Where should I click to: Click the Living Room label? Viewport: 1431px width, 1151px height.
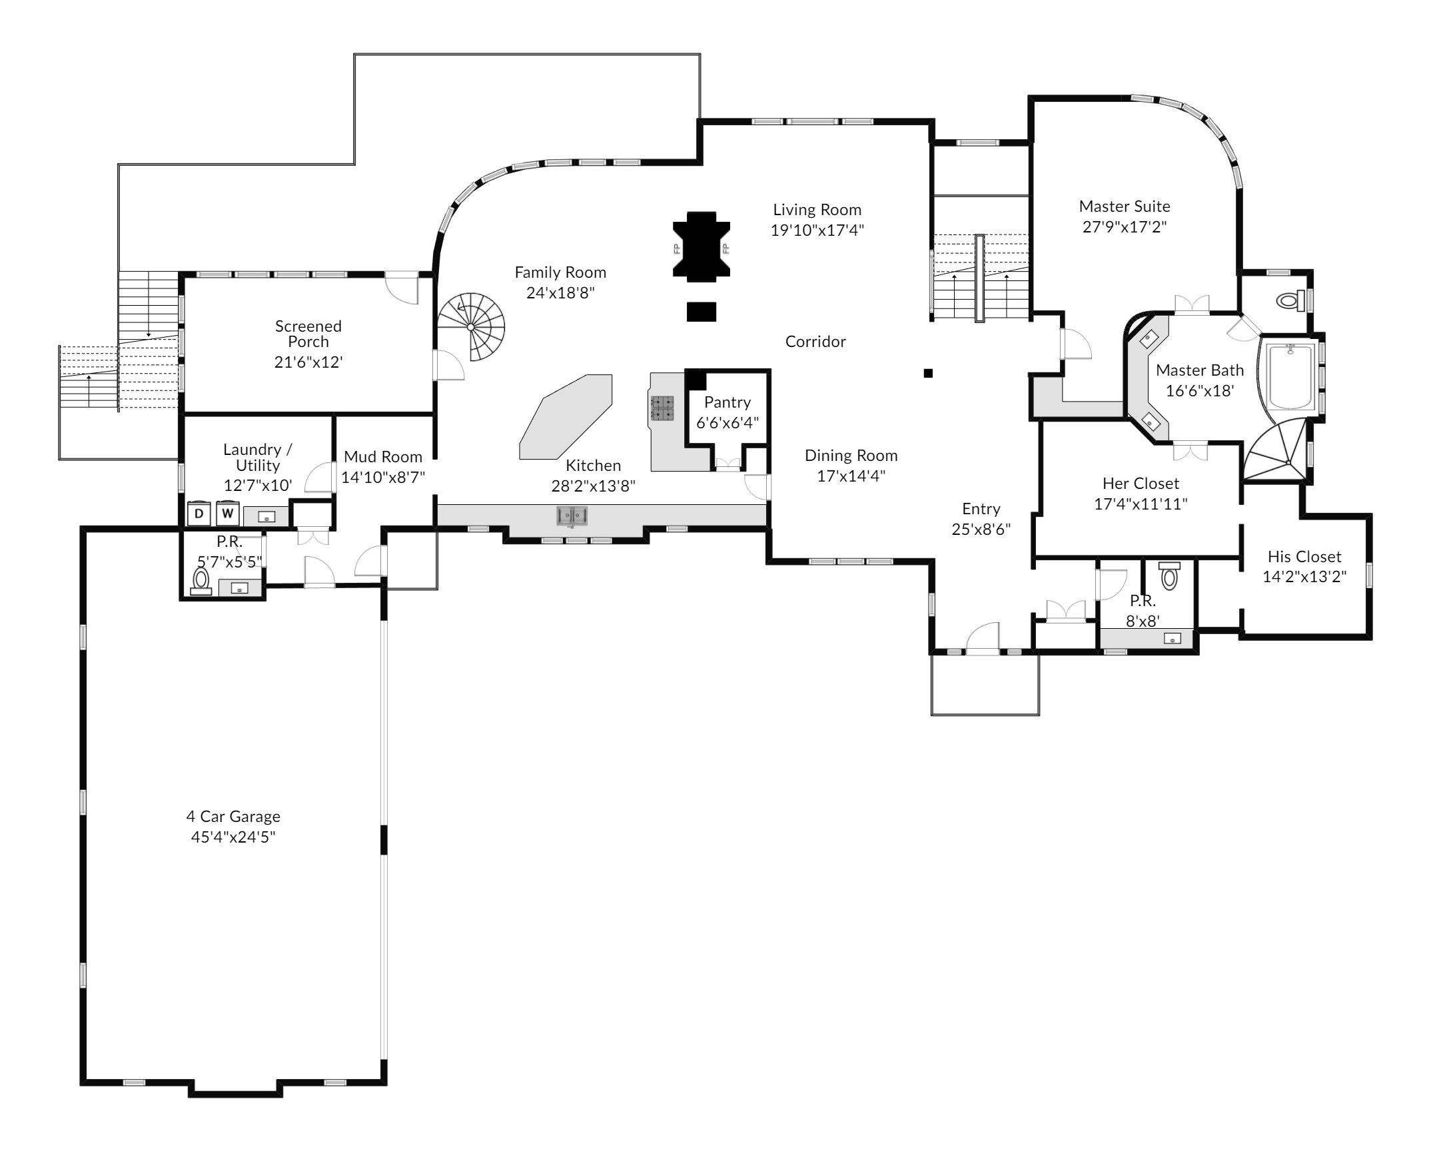coord(817,210)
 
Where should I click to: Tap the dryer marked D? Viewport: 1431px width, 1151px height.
coord(199,514)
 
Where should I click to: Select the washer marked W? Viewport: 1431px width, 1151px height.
coord(228,514)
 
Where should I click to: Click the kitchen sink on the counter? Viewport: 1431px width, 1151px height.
coord(572,516)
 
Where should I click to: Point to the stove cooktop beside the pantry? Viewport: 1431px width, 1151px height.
coord(662,408)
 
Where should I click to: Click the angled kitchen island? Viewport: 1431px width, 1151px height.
coord(566,417)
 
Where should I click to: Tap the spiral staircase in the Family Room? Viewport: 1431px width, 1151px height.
coord(471,326)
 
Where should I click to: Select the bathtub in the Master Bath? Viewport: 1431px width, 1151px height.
coord(1290,376)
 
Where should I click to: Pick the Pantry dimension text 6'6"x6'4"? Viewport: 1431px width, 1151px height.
coord(727,422)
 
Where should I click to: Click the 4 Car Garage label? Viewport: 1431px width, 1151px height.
coord(233,816)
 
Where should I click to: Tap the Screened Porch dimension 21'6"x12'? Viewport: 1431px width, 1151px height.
coord(308,362)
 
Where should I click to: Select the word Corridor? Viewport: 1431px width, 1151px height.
coord(815,342)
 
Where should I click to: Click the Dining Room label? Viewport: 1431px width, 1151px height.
coord(851,456)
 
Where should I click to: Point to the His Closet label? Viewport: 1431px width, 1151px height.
coord(1304,556)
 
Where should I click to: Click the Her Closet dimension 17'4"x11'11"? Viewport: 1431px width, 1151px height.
coord(1141,504)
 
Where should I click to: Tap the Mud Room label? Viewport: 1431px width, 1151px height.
coord(383,457)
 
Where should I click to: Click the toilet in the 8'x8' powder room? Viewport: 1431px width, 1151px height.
coord(1169,575)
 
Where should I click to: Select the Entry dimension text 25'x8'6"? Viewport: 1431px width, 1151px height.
coord(981,530)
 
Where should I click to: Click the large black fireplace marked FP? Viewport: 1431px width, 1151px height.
coord(701,244)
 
